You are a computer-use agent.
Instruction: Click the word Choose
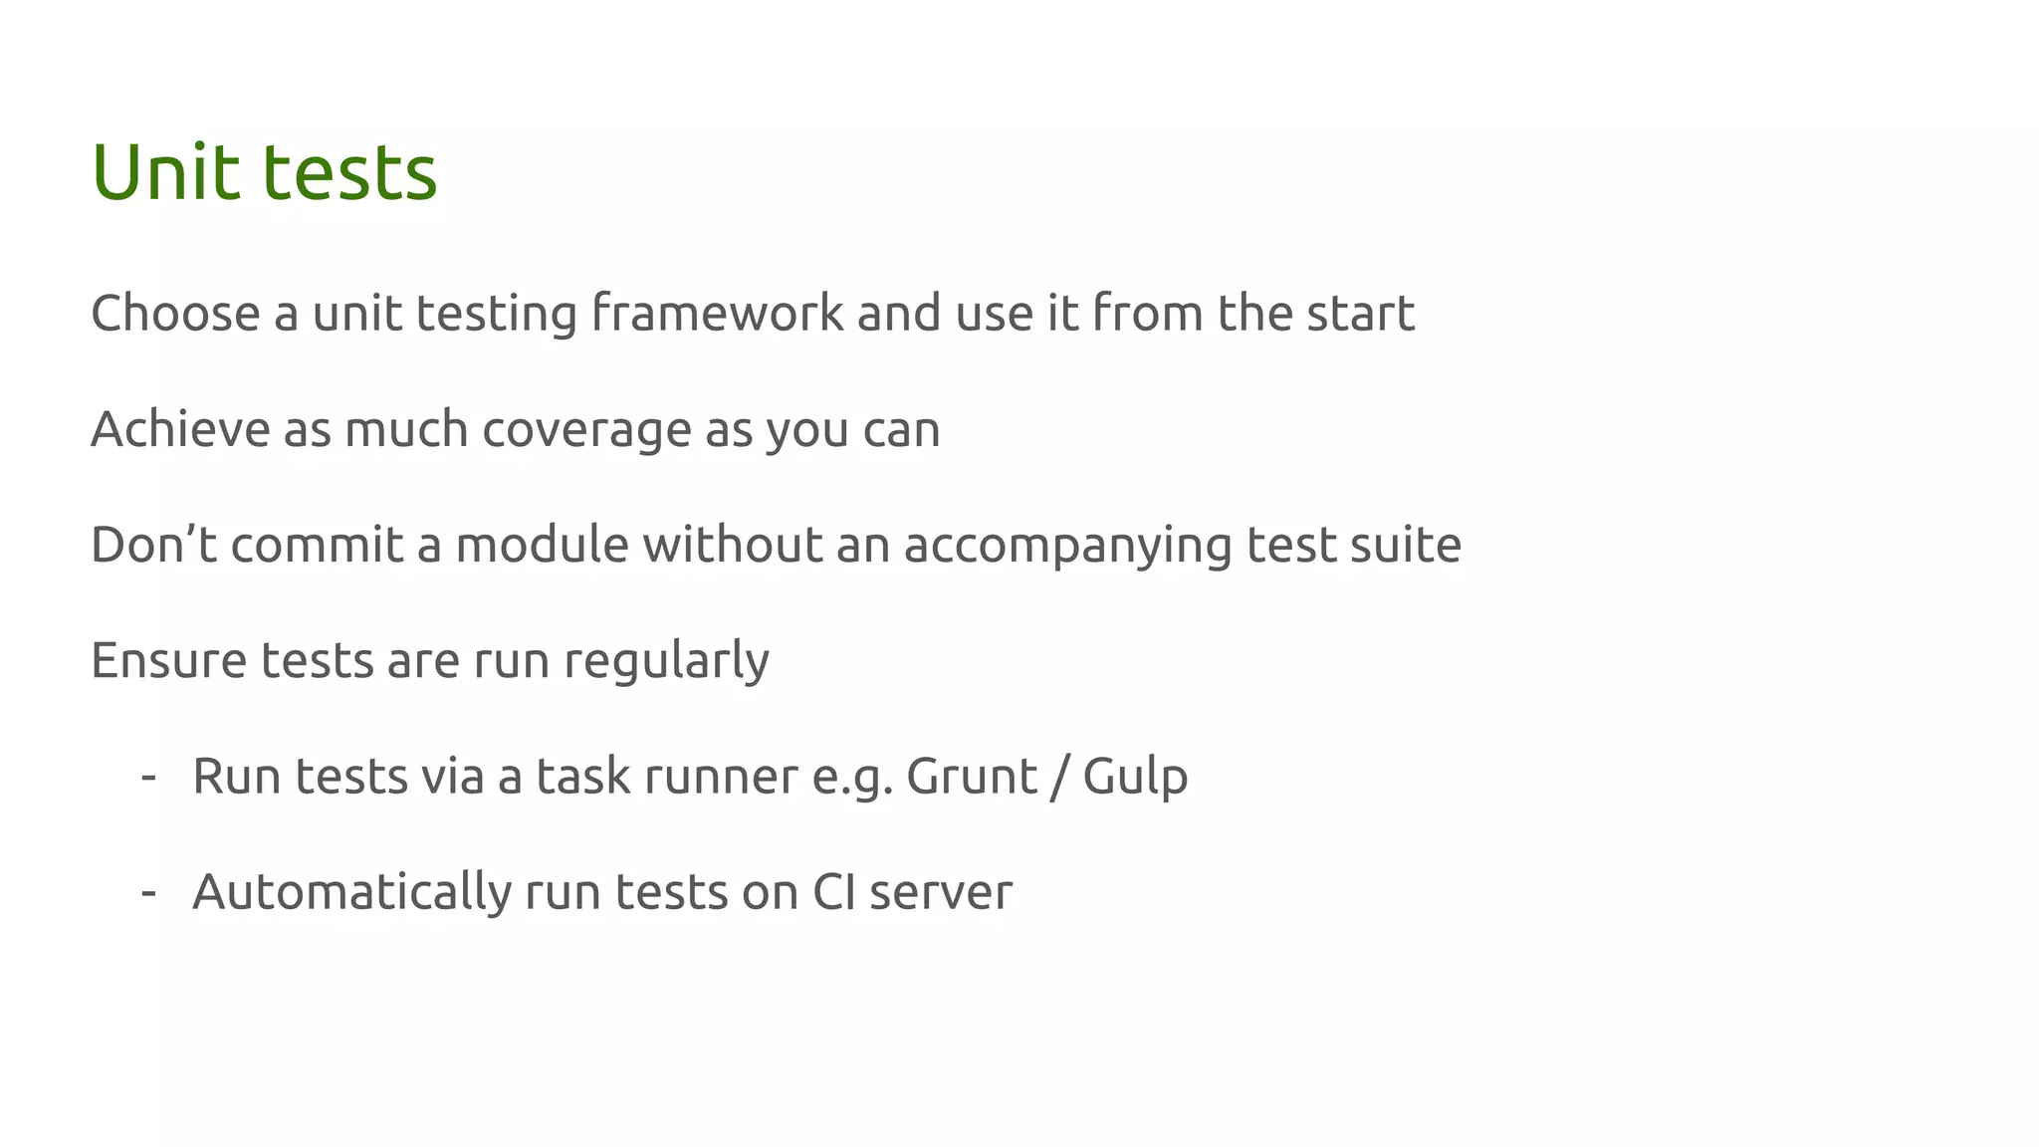175,314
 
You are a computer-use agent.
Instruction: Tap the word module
542,545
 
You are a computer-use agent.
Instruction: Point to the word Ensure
168,660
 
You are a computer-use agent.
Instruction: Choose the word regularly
666,662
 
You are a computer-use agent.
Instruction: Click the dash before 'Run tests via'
148,776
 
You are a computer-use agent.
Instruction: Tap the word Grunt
971,777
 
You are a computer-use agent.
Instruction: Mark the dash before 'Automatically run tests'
148,891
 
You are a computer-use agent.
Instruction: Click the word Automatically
351,892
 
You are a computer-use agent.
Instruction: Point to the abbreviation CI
833,891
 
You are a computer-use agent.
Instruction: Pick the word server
940,892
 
